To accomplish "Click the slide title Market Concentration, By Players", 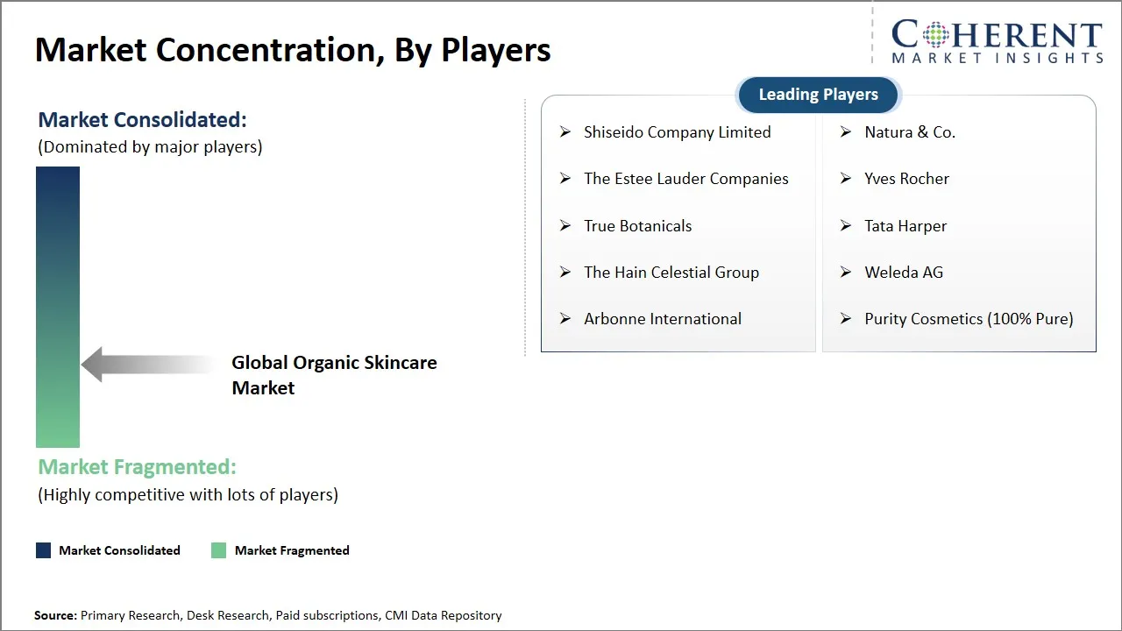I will pyautogui.click(x=293, y=50).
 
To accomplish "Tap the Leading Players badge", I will pyautogui.click(x=818, y=95).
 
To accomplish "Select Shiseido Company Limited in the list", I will pyautogui.click(x=677, y=132).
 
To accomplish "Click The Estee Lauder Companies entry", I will pyautogui.click(x=685, y=179).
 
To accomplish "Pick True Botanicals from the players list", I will pyautogui.click(x=637, y=226).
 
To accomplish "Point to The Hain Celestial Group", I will pyautogui.click(x=671, y=273).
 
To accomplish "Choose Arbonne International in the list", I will pyautogui.click(x=662, y=319).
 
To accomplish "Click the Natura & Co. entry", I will pyautogui.click(x=909, y=132).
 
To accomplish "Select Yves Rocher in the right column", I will pyautogui.click(x=906, y=179).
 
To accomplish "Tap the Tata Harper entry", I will pyautogui.click(x=905, y=226).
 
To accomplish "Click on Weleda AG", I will pyautogui.click(x=903, y=273).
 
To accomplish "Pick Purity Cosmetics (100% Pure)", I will pyautogui.click(x=968, y=319).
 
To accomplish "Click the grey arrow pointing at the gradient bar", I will pyautogui.click(x=145, y=365).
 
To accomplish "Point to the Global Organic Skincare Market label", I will pyautogui.click(x=334, y=375).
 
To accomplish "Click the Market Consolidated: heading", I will pyautogui.click(x=142, y=120).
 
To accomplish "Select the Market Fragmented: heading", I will pyautogui.click(x=137, y=467).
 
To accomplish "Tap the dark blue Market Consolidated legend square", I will pyautogui.click(x=43, y=550).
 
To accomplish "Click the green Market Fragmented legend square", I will pyautogui.click(x=218, y=550).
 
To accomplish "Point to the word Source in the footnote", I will pyautogui.click(x=55, y=616).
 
